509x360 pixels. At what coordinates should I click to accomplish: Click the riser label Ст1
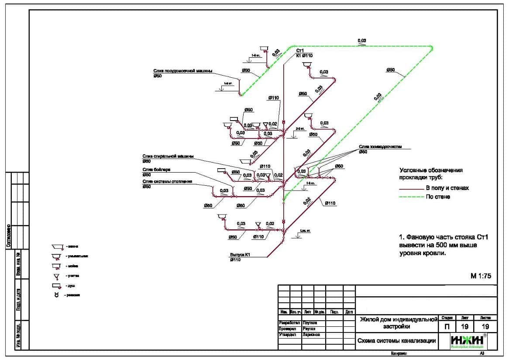click(300, 51)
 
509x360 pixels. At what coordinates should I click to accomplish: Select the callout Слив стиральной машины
click(168, 156)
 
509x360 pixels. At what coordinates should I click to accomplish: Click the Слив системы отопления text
click(167, 181)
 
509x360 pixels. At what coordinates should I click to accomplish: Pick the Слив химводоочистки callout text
click(380, 147)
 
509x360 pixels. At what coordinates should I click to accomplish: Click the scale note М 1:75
click(481, 276)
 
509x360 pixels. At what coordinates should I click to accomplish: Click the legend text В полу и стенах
click(447, 188)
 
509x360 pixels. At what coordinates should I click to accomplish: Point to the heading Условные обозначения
click(431, 170)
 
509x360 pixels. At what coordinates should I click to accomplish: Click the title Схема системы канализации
click(396, 341)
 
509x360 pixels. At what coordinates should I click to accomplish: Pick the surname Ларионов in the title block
click(311, 335)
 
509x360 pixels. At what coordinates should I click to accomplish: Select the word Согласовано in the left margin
click(8, 236)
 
